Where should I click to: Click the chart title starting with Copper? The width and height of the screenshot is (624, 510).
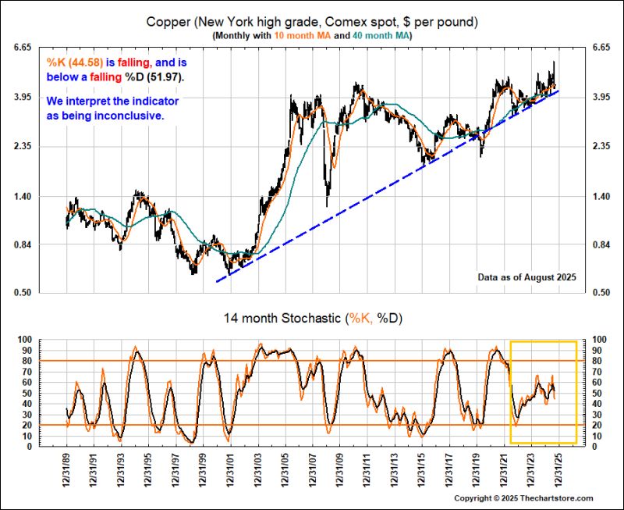click(x=312, y=21)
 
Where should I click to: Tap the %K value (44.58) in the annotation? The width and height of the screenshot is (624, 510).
click(x=73, y=62)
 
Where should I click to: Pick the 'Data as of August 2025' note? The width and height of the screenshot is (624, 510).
click(x=526, y=277)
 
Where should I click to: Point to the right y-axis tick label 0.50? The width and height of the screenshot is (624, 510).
click(x=601, y=294)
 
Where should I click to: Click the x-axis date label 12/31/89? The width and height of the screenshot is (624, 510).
click(x=67, y=469)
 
